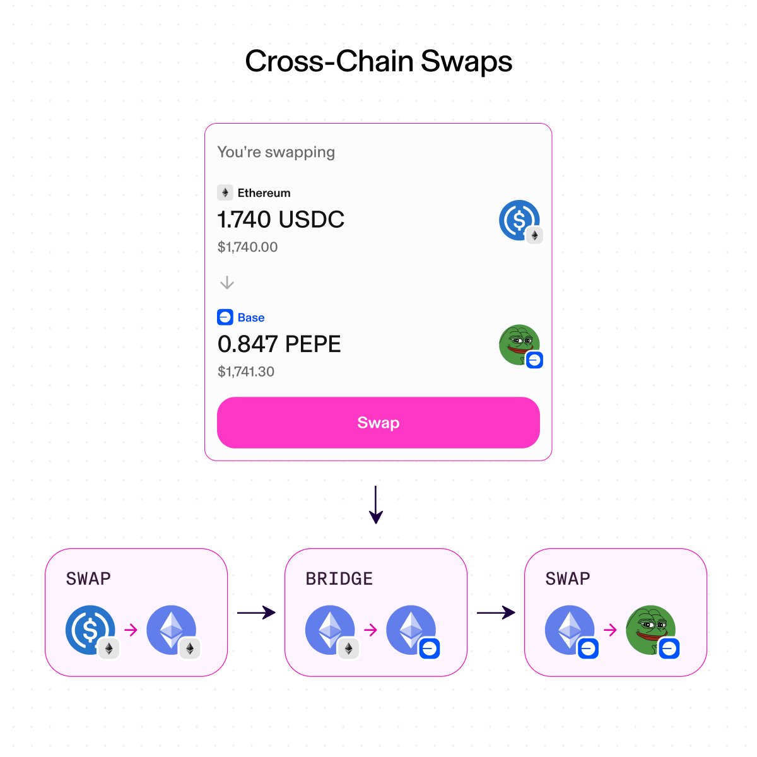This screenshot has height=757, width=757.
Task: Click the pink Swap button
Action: tap(378, 422)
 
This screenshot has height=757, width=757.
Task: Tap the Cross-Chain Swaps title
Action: tap(378, 62)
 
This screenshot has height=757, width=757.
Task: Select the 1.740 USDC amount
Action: tap(281, 220)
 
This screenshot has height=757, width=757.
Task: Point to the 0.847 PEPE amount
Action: tap(279, 344)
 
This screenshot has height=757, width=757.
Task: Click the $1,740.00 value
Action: tap(247, 247)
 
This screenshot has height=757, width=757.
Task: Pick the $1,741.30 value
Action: tap(246, 372)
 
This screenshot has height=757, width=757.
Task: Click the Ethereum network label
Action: tap(264, 193)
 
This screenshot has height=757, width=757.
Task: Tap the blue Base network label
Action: tap(250, 317)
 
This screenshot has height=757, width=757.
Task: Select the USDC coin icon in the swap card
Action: tap(519, 220)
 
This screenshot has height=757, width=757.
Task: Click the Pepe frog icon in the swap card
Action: tap(519, 344)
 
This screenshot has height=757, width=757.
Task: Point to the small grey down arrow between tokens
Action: tap(227, 283)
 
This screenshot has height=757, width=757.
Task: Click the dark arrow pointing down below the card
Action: tap(376, 505)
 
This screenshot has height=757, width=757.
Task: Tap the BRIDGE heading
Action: tap(339, 578)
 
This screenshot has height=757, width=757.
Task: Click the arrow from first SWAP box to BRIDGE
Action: tap(256, 612)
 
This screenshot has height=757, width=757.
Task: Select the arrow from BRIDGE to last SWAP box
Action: tap(496, 612)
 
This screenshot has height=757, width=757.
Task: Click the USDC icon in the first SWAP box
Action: tap(90, 630)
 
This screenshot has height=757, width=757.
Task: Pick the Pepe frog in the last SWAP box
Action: tap(650, 630)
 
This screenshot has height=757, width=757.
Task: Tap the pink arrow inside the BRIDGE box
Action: tap(371, 630)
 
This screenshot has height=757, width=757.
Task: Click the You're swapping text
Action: tap(276, 152)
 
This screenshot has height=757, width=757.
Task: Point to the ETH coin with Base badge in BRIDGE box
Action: tap(411, 630)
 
